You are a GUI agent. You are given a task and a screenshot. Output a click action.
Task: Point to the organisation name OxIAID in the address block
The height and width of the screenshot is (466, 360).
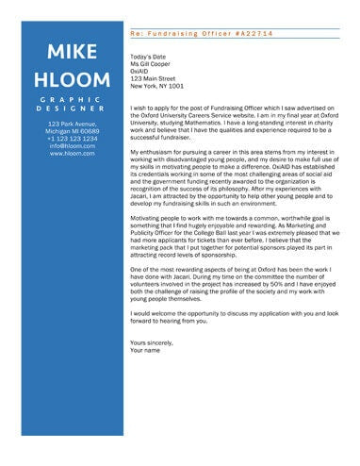point(142,72)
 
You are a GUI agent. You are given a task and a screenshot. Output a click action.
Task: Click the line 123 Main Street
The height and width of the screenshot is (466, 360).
point(154,79)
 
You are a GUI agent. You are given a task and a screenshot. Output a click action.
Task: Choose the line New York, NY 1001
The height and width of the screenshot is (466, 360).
point(157,87)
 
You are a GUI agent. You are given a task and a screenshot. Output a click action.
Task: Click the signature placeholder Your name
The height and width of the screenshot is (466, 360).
point(147,349)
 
